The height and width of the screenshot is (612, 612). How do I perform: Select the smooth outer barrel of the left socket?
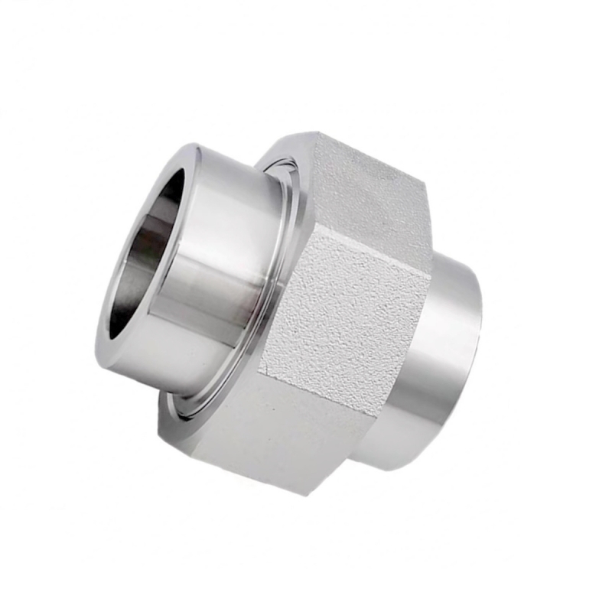coord(222,252)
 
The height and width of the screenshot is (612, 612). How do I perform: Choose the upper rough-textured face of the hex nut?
coord(367,191)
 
